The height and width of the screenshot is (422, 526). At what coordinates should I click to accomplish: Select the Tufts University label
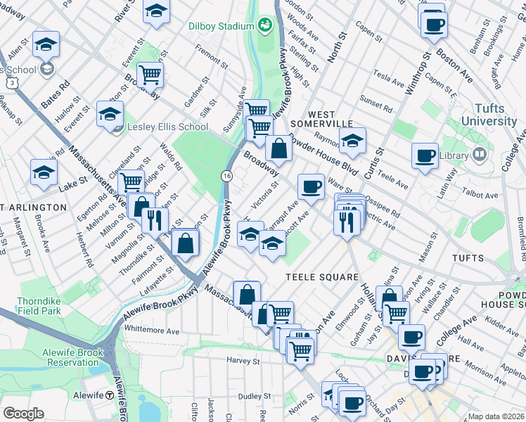pos(485,114)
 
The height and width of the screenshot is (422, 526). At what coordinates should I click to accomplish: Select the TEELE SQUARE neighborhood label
pos(322,277)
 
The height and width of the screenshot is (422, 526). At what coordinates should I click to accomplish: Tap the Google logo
pos(23,413)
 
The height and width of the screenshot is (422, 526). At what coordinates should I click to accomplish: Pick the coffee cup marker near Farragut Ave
pos(311,187)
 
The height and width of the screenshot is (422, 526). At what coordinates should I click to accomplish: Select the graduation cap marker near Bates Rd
pos(46,44)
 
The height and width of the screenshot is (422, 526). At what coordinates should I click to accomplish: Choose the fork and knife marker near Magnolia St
pos(155,220)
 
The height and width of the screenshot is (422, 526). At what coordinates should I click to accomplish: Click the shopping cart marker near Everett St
pos(150,73)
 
